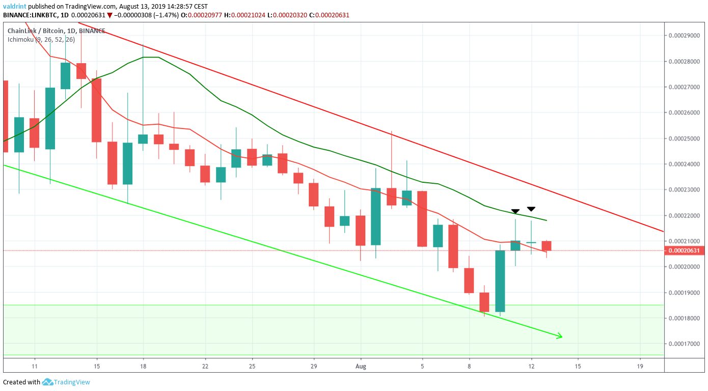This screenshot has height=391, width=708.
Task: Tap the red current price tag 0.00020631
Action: (684, 250)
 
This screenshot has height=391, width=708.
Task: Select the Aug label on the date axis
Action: (361, 367)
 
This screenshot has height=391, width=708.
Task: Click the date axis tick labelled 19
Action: (640, 367)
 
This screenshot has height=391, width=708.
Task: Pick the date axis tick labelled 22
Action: (205, 367)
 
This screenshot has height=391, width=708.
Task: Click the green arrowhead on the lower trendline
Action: (560, 336)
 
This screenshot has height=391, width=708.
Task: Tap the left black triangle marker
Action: (515, 211)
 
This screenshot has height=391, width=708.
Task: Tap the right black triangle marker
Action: (531, 209)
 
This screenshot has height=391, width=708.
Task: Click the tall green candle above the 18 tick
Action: (143, 139)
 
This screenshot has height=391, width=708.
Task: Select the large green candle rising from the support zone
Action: (500, 281)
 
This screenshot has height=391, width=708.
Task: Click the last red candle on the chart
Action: (547, 246)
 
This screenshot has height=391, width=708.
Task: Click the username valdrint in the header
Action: (15, 6)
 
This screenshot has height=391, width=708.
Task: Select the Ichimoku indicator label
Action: (41, 40)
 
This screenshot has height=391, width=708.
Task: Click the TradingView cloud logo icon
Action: (47, 382)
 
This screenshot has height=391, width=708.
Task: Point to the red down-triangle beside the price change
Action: (110, 15)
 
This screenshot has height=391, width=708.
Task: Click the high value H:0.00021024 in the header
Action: (244, 15)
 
